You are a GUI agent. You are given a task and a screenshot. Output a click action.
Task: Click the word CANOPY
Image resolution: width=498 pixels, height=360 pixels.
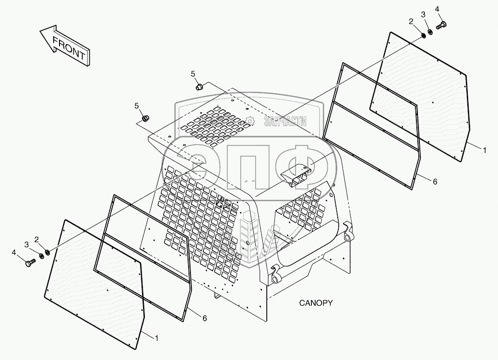click(x=316, y=303)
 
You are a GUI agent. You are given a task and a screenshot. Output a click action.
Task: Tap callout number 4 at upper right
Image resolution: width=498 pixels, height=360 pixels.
click(x=437, y=9)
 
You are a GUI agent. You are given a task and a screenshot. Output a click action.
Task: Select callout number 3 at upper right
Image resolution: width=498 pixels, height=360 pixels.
click(x=423, y=15)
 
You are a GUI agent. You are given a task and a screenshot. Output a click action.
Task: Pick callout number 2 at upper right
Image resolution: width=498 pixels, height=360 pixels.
click(x=411, y=21)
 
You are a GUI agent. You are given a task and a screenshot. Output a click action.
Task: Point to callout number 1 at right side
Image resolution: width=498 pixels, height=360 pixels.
click(x=485, y=151)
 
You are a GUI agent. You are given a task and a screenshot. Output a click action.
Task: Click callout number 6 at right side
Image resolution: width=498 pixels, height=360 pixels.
click(x=435, y=182)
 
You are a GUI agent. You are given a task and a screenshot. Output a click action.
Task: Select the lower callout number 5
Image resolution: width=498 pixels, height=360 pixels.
click(x=137, y=105)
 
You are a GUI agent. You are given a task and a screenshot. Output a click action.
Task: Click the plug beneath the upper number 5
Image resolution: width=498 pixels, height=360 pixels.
click(x=200, y=87)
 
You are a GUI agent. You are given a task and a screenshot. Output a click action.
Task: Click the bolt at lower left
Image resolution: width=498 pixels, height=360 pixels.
click(x=31, y=262)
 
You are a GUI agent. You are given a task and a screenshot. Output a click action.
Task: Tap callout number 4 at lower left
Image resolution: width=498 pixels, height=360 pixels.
click(x=14, y=252)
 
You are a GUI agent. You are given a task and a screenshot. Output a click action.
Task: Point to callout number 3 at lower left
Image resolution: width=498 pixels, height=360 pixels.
click(x=26, y=245)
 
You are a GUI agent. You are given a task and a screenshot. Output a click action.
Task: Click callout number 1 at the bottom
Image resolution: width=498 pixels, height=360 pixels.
click(x=155, y=338)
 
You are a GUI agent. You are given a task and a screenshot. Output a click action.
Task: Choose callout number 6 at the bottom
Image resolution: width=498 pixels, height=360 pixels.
click(x=204, y=318)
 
